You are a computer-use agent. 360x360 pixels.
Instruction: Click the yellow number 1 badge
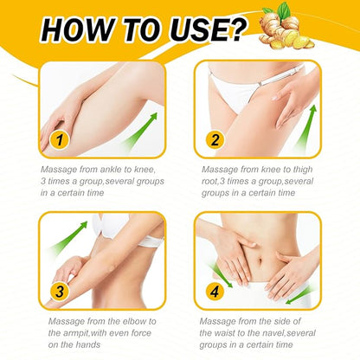60,140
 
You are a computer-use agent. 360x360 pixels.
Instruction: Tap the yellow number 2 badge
215,140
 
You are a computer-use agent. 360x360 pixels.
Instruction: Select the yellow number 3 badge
60,292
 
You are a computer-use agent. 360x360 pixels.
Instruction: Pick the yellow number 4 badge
215,292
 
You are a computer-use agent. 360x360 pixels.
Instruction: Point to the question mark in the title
235,29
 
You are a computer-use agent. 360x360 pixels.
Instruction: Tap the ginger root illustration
286,33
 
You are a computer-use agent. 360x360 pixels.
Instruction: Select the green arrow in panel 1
140,131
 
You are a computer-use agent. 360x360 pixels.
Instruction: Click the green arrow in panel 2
305,129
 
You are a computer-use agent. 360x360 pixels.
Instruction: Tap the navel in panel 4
260,261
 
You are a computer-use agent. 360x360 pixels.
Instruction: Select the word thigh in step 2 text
303,170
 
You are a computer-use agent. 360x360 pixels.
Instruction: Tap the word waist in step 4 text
225,333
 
